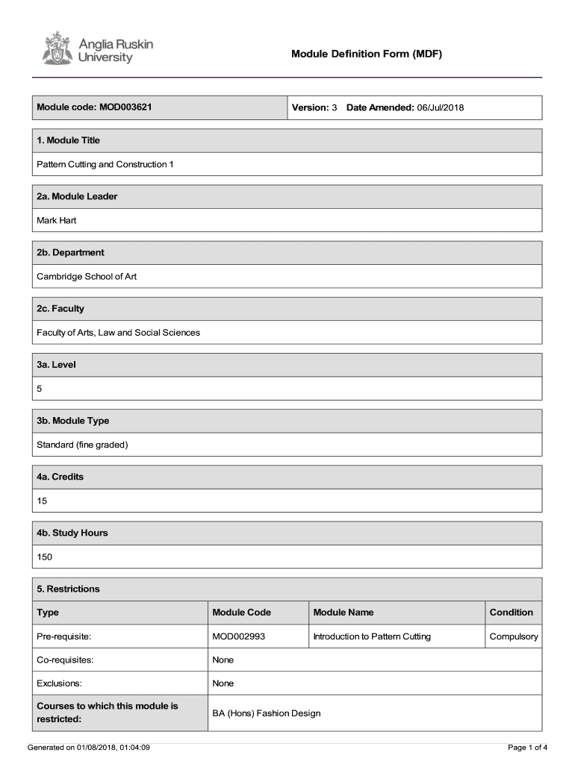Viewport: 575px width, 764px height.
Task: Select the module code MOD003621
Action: point(125,107)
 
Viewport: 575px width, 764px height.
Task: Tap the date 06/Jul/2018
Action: point(441,107)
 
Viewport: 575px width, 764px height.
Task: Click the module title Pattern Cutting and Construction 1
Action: point(105,164)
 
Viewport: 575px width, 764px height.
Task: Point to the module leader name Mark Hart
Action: point(57,220)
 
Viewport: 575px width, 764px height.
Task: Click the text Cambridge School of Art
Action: point(87,276)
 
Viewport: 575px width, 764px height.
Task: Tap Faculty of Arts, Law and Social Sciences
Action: point(119,332)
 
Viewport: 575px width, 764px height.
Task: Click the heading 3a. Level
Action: point(56,365)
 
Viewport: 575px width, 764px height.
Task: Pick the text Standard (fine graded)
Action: point(83,445)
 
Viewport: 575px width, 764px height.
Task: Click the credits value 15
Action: point(42,501)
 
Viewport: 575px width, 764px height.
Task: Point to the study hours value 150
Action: point(45,557)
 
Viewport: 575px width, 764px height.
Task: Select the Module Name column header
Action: point(344,613)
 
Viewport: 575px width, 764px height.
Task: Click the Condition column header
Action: point(512,613)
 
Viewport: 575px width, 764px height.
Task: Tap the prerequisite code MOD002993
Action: point(239,636)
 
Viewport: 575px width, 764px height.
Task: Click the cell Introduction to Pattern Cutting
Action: point(372,636)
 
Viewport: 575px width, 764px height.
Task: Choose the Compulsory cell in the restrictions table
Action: point(513,636)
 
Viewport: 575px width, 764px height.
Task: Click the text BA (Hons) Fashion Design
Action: point(267,713)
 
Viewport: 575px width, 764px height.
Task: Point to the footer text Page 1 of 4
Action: point(527,747)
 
